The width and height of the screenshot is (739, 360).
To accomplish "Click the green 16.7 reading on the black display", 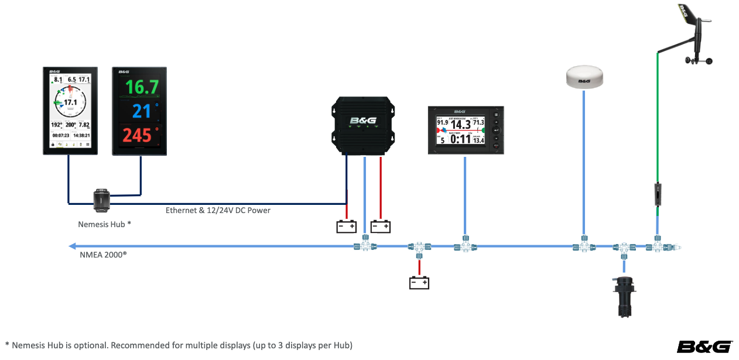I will [x=142, y=88].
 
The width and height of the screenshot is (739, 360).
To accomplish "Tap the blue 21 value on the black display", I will [x=141, y=111].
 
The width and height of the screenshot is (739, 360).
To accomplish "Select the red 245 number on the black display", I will [x=138, y=135].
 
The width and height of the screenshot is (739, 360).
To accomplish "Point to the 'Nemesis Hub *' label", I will [x=104, y=224].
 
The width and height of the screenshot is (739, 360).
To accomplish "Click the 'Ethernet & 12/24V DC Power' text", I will [x=218, y=210].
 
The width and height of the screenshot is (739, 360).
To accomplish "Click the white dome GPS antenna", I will [x=584, y=77].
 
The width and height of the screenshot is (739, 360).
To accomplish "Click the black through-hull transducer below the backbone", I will [x=624, y=296].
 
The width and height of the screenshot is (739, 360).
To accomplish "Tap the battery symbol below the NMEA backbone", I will [x=419, y=283].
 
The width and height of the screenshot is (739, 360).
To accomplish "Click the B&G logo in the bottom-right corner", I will [x=704, y=347].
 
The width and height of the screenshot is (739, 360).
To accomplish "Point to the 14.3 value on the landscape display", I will [x=460, y=124].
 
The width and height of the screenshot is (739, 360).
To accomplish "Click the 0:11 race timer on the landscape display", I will [x=460, y=139].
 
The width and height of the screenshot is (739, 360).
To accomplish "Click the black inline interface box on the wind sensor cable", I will [x=658, y=194].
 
